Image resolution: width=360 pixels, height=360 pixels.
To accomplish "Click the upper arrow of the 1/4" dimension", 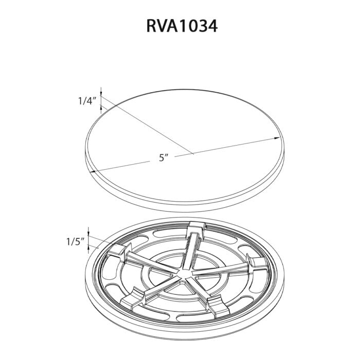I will coord(101,92).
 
